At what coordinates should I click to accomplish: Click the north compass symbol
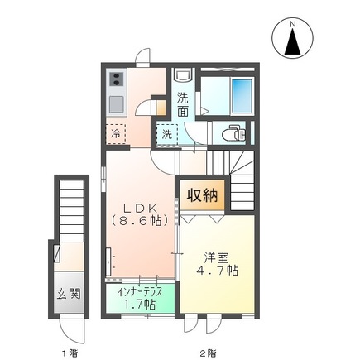coord(291,39)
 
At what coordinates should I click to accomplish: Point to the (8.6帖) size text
coord(138,221)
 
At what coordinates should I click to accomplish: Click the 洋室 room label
coord(218,257)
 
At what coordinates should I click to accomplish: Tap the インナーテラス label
coord(139,291)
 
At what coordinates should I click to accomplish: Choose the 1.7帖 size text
coord(139,305)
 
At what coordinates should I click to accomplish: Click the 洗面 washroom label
coord(184,105)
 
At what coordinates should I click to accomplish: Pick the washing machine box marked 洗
coord(167,132)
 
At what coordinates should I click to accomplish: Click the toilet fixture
coord(233,132)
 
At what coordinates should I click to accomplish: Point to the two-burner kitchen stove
coord(115,81)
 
